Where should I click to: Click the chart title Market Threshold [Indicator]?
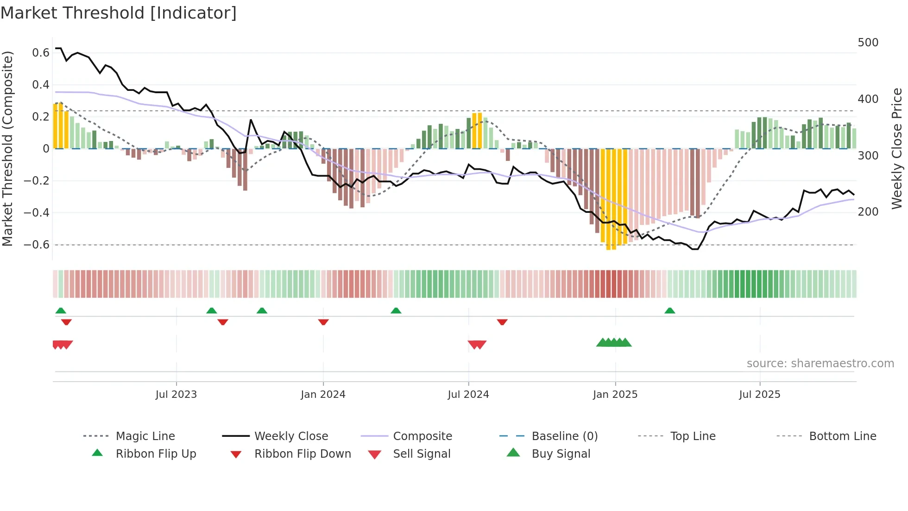click(119, 13)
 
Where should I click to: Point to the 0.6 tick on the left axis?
click(40, 53)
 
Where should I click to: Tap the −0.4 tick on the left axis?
click(37, 213)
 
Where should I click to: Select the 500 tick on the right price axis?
click(868, 43)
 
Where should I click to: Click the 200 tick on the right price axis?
click(868, 212)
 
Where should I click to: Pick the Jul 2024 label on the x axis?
click(468, 395)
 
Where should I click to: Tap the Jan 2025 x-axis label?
click(615, 395)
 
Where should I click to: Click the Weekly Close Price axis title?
click(897, 148)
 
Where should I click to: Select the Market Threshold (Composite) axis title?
click(7, 148)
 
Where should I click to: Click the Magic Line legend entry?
click(145, 436)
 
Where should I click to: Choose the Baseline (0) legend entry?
click(564, 436)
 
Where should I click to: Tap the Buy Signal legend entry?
click(561, 454)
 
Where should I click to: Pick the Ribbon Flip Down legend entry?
click(303, 454)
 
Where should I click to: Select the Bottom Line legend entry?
click(842, 436)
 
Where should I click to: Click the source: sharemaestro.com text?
click(820, 364)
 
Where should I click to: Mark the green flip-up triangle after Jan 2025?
click(669, 311)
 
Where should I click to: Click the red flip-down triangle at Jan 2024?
click(323, 322)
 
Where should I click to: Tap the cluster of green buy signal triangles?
click(614, 343)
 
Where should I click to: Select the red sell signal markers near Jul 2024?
click(477, 345)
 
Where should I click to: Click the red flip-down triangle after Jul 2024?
click(502, 322)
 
